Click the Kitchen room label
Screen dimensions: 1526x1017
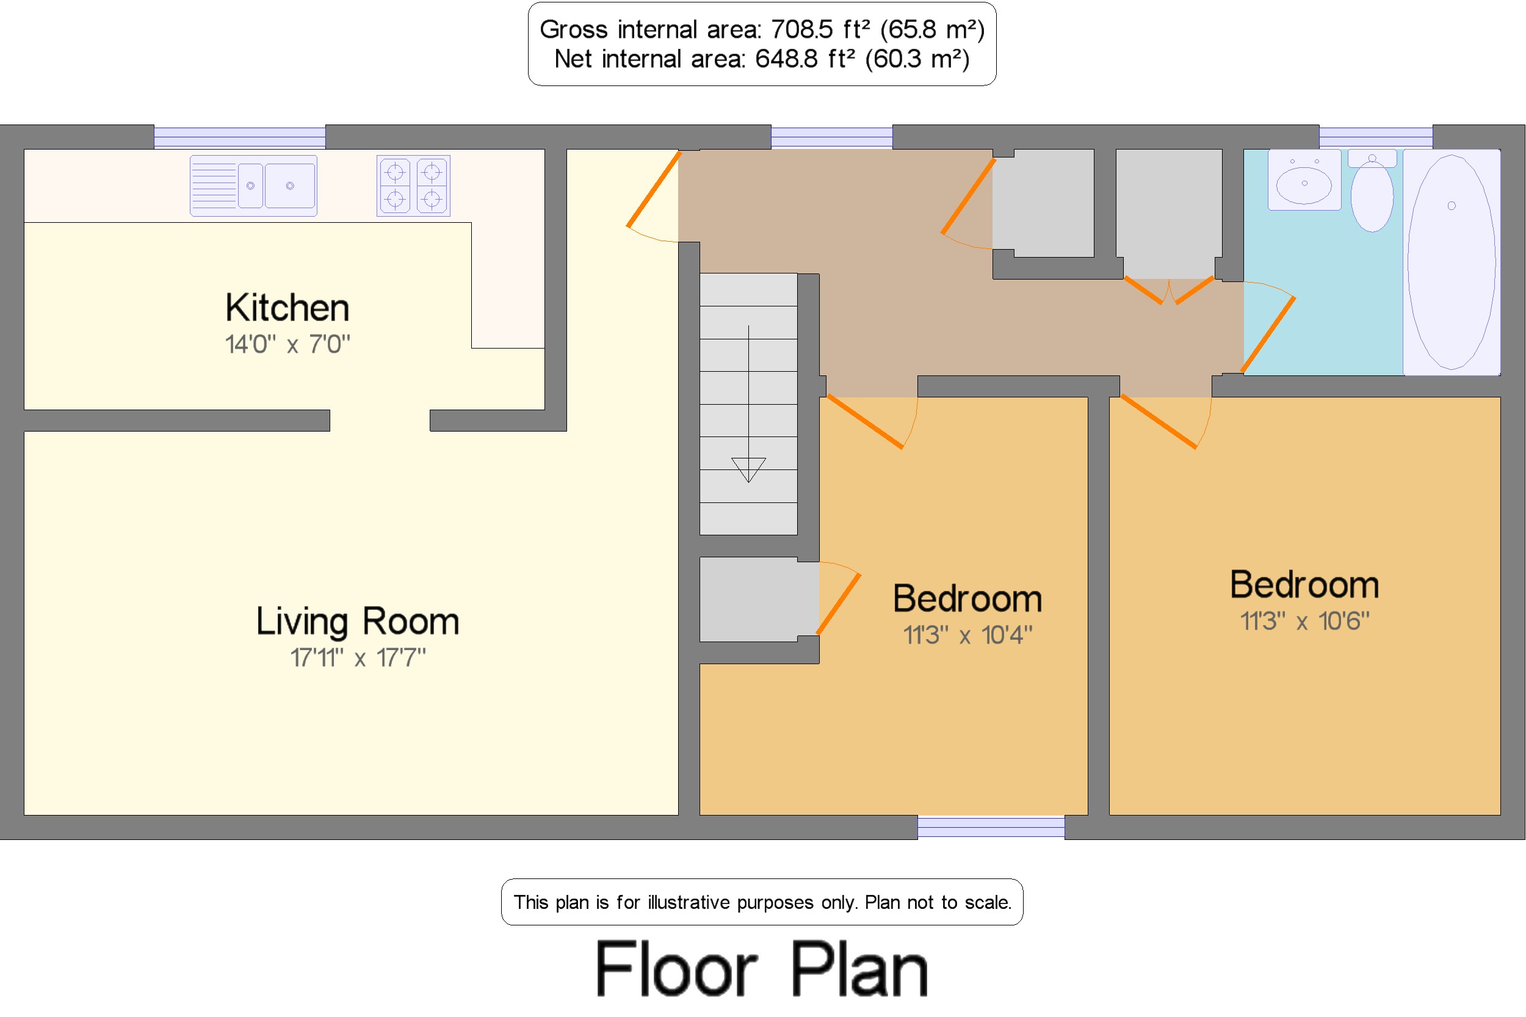[x=287, y=308]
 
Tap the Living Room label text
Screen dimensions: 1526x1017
[x=358, y=621]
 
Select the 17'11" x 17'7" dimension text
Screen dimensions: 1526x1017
[x=358, y=657]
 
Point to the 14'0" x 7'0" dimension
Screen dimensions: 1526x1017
[x=287, y=344]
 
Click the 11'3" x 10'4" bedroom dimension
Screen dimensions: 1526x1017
[x=967, y=635]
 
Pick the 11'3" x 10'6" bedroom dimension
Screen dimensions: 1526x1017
[x=1304, y=621]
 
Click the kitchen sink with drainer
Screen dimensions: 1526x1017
[x=253, y=186]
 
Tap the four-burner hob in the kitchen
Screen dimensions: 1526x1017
[x=414, y=186]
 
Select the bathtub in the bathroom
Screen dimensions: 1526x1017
[x=1452, y=262]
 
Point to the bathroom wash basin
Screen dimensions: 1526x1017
[x=1304, y=179]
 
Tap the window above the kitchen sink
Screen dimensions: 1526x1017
[x=239, y=137]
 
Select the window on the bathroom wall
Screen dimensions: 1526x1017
[x=1376, y=137]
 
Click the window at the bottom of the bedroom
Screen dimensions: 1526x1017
[x=991, y=827]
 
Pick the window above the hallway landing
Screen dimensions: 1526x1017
[x=831, y=137]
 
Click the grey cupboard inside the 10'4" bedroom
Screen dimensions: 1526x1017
[x=759, y=599]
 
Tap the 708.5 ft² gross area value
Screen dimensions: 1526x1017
[x=820, y=30]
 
